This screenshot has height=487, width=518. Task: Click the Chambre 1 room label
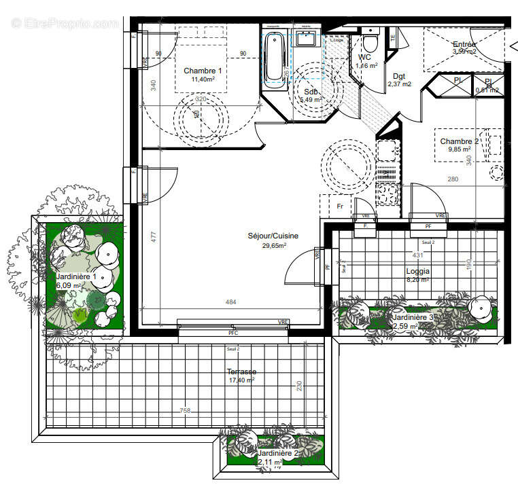[x=203, y=71]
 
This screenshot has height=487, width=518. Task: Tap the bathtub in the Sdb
[x=275, y=57]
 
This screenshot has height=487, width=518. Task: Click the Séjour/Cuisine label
[x=273, y=236]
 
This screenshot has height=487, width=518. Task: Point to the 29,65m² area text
[x=273, y=245]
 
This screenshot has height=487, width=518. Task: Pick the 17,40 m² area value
[x=241, y=380]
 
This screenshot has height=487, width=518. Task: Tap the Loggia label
[x=419, y=270]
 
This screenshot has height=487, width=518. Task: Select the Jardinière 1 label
[x=75, y=276]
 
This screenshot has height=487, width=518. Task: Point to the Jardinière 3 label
[x=413, y=317]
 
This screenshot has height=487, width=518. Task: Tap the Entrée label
[x=466, y=43]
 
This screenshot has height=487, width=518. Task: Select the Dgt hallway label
[x=399, y=76]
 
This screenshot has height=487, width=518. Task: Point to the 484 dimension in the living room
[x=231, y=302]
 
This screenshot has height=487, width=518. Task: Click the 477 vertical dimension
[x=154, y=237]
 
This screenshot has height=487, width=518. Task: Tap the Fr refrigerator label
[x=341, y=206]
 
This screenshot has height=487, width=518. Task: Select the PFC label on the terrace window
[x=233, y=333]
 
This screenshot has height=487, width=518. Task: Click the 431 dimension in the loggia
[x=419, y=255]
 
